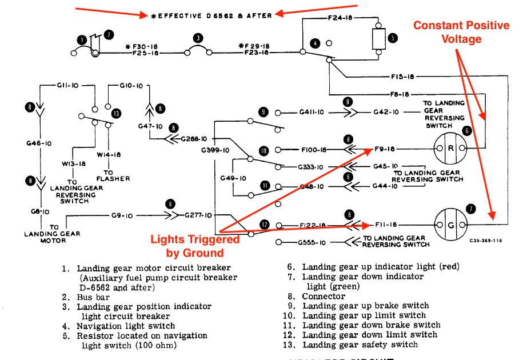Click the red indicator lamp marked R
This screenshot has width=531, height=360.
click(x=450, y=148)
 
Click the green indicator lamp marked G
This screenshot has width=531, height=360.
click(x=450, y=225)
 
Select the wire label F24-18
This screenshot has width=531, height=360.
click(x=340, y=18)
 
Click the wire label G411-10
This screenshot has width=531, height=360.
click(x=312, y=113)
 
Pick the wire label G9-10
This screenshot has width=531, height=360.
click(x=122, y=216)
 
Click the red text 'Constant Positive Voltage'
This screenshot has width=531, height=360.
click(x=461, y=32)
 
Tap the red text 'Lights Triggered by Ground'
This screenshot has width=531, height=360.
click(x=194, y=246)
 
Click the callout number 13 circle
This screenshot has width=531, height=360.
click(x=117, y=113)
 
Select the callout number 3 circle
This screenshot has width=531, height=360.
click(x=198, y=39)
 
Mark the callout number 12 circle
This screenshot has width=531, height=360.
click(x=265, y=225)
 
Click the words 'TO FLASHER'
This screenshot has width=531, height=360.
click(x=113, y=175)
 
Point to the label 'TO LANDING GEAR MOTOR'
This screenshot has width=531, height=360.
click(x=45, y=234)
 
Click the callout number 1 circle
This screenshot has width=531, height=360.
click(x=82, y=39)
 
